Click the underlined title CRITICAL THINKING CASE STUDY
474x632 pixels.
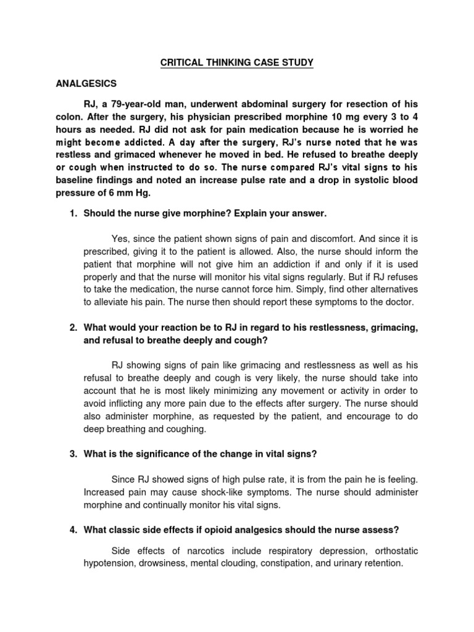[236, 62]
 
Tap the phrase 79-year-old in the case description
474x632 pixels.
[138, 102]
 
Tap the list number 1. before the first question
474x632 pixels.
[73, 213]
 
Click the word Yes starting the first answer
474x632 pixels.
[120, 239]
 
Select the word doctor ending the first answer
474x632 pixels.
[399, 302]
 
